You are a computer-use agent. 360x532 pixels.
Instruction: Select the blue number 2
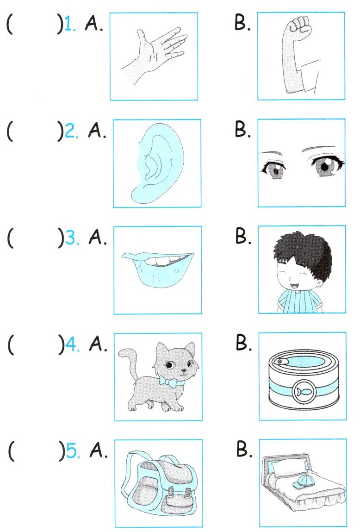(x=70, y=131)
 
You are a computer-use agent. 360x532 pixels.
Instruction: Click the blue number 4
(x=72, y=345)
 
